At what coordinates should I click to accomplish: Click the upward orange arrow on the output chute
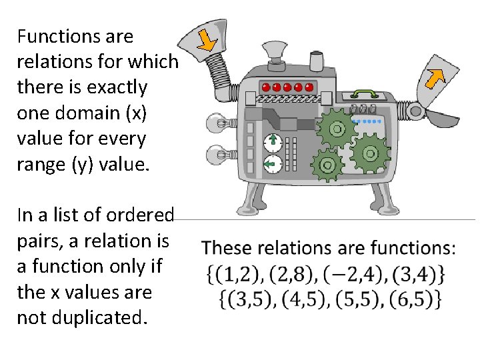(436, 78)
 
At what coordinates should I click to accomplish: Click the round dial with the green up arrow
(273, 142)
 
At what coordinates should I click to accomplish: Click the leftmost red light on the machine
(266, 87)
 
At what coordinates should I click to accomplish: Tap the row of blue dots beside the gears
(368, 122)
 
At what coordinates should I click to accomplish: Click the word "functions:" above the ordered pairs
(413, 249)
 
